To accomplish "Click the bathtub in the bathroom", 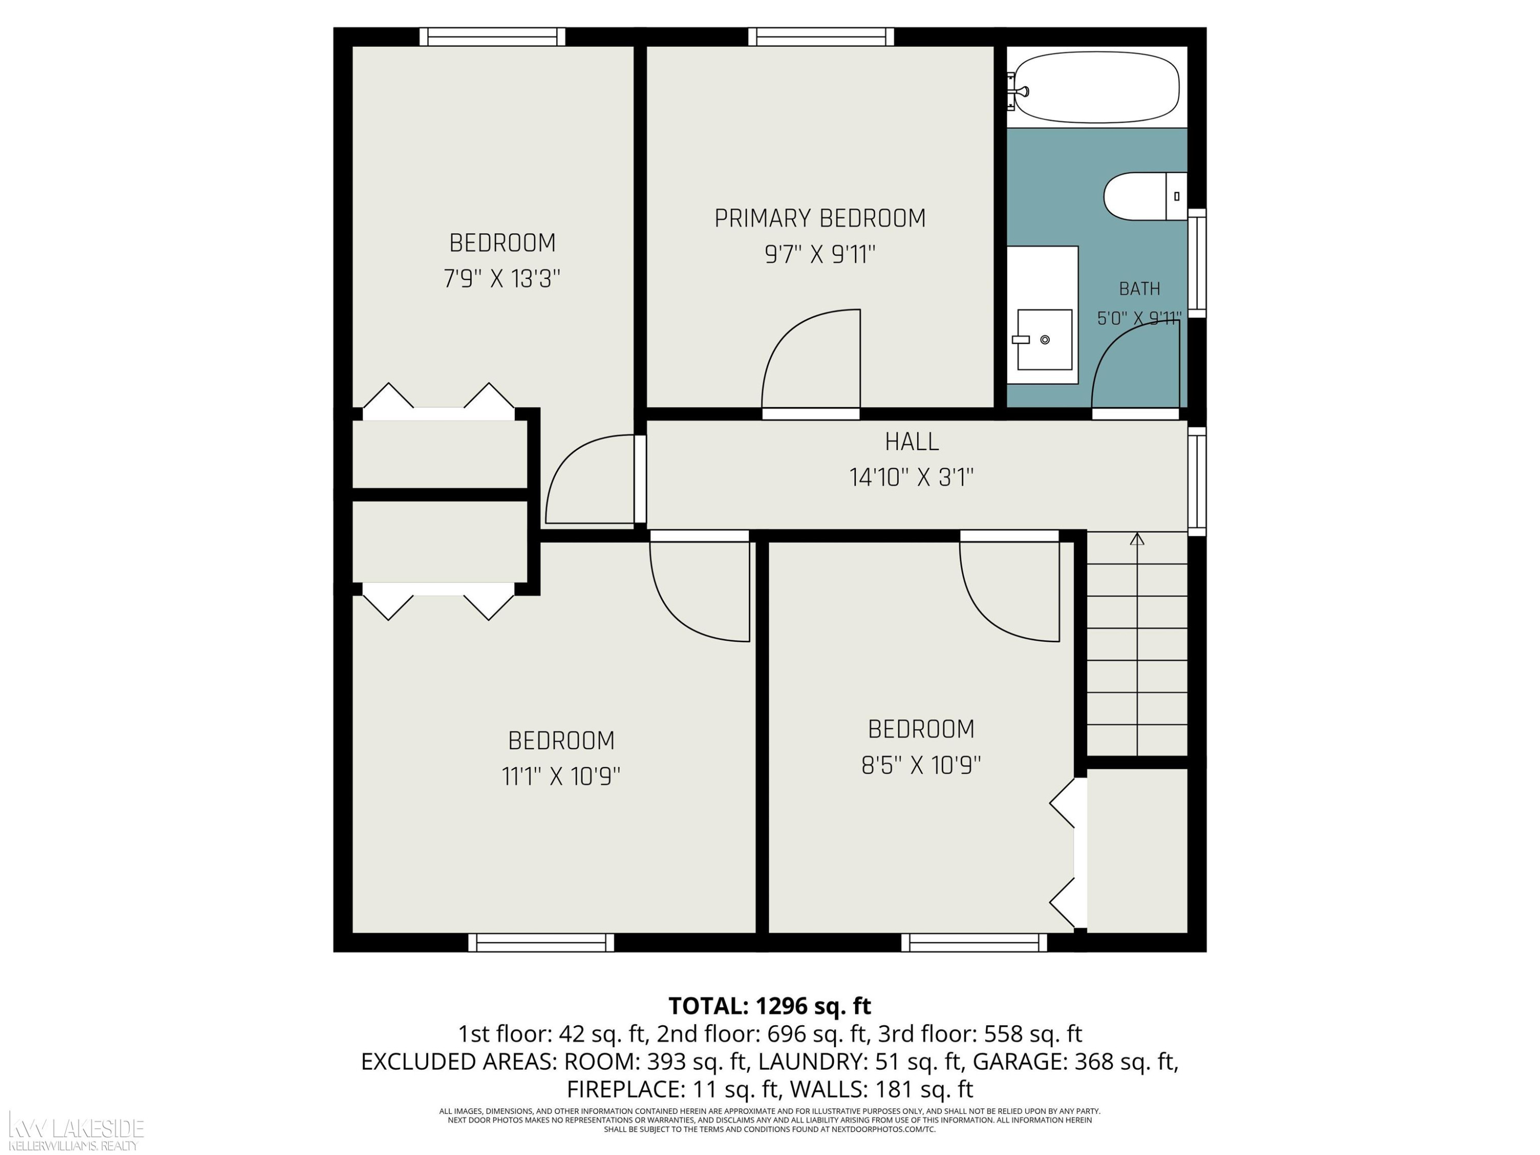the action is coord(1096,87).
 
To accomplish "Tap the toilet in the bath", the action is coord(1145,196).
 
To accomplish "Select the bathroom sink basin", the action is coord(1044,339).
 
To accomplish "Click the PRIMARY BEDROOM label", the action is coord(820,219).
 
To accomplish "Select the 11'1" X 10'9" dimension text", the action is coord(561,776).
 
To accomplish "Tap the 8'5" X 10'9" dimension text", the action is coord(921,766).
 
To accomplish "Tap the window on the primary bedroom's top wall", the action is coord(821,36).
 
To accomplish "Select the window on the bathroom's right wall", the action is coord(1197,263).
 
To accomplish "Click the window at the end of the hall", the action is coord(1197,481).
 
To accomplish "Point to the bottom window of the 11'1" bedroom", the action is coord(541,942).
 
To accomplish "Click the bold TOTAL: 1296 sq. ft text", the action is coord(769,1006).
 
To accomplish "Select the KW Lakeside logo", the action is coord(75,1131).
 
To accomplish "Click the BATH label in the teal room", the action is coord(1140,288).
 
